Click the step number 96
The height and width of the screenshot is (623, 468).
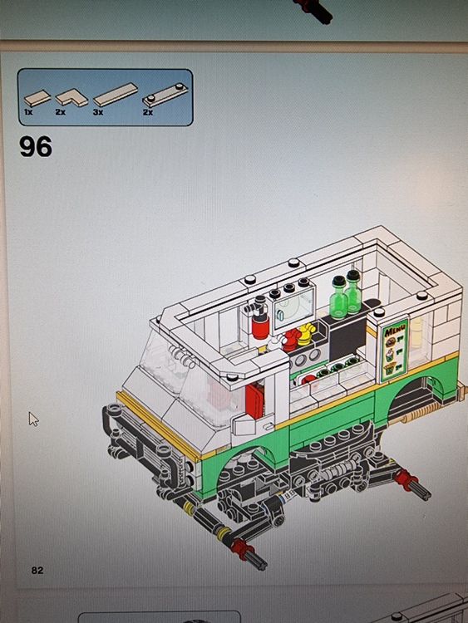(x=36, y=147)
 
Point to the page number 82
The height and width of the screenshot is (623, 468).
(x=37, y=570)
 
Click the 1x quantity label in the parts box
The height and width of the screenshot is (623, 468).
(x=29, y=111)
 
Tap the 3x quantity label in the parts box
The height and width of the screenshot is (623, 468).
(x=97, y=111)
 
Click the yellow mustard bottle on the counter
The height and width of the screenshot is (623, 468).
(x=306, y=334)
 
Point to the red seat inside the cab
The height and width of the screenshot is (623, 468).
(x=254, y=400)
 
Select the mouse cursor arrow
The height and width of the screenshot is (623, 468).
(x=33, y=418)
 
